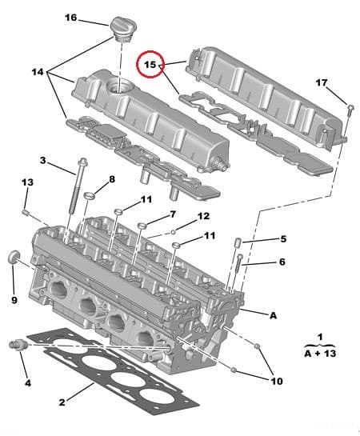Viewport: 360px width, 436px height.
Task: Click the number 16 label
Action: [x=70, y=17]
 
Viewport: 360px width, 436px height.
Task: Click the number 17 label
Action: [x=321, y=82]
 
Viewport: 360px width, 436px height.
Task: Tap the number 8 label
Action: [x=111, y=179]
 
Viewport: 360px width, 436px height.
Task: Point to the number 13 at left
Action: [x=26, y=183]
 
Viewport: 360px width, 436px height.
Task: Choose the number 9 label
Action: [x=14, y=300]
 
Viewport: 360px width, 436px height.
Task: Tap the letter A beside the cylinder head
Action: [x=273, y=315]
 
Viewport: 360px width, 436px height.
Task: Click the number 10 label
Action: [x=276, y=382]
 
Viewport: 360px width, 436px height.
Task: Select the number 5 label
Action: [x=282, y=239]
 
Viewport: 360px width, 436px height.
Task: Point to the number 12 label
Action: [x=203, y=216]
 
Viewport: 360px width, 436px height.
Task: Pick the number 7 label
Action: [x=171, y=214]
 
